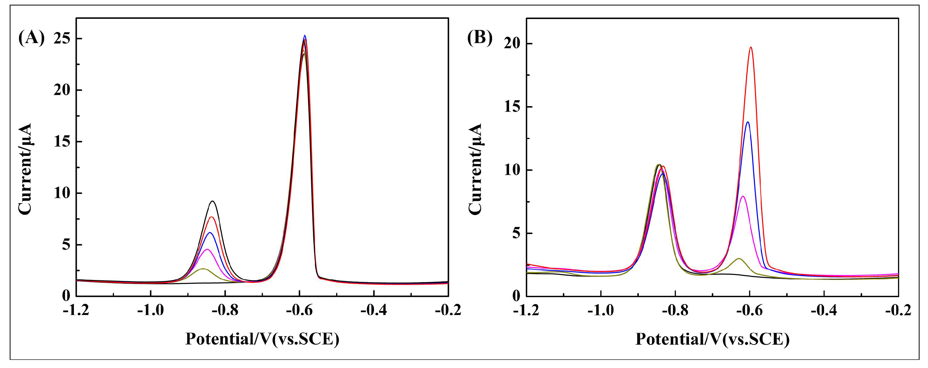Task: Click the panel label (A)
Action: pyautogui.click(x=31, y=38)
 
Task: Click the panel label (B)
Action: pyautogui.click(x=479, y=38)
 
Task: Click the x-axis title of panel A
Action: pyautogui.click(x=262, y=339)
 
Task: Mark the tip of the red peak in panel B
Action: pyautogui.click(x=751, y=47)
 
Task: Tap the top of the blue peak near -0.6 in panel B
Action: pyautogui.click(x=748, y=122)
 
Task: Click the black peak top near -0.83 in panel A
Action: pyautogui.click(x=213, y=201)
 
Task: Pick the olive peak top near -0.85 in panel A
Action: pyautogui.click(x=203, y=269)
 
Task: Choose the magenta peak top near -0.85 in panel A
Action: pyautogui.click(x=207, y=249)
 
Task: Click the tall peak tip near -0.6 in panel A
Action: pyautogui.click(x=305, y=36)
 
